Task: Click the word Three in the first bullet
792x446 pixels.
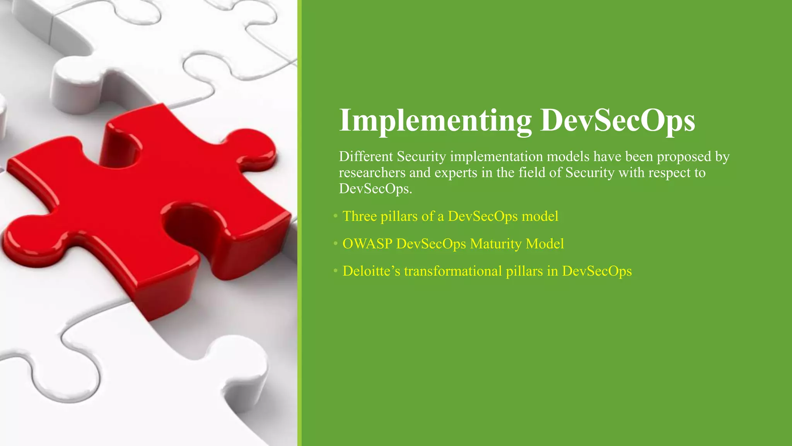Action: pos(360,216)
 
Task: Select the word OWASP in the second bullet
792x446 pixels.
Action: pos(367,244)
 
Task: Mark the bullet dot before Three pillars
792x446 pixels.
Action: pos(335,216)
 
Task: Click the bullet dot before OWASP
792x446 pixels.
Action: pos(335,244)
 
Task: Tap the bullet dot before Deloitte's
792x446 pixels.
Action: pos(335,271)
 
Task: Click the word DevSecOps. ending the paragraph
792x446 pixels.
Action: pos(376,189)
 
